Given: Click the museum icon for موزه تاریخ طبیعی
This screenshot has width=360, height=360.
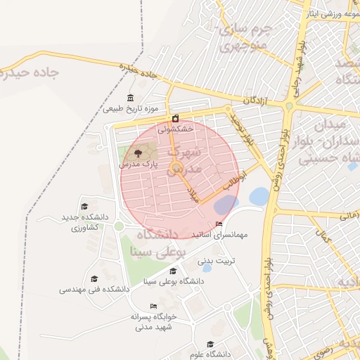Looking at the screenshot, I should (x=130, y=98).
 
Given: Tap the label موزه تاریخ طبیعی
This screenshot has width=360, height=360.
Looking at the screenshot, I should (x=130, y=109).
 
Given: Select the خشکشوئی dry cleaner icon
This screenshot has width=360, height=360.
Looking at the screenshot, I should (x=175, y=118).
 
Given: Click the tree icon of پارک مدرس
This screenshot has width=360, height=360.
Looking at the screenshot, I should (x=136, y=153).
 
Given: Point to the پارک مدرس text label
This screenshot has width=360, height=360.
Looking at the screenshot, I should (x=136, y=163).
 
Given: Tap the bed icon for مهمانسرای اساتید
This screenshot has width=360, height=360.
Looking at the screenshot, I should (x=219, y=224).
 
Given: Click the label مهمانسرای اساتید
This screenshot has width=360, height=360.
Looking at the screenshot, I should (x=219, y=235).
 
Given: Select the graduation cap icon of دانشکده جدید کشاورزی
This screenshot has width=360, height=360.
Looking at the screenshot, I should (x=85, y=206).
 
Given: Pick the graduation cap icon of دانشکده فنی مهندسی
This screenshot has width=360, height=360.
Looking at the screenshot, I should (x=94, y=278).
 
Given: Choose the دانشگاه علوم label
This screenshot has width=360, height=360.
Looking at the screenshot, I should (x=210, y=354).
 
